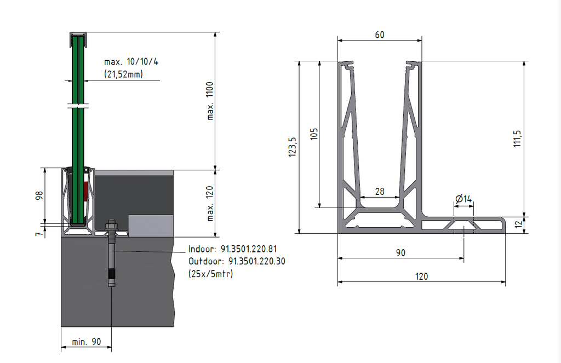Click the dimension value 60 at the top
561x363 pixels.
click(379, 34)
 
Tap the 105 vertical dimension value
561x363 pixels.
click(314, 134)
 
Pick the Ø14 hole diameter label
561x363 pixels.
click(463, 198)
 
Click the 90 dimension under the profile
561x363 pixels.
click(400, 252)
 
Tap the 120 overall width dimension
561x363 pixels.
click(421, 276)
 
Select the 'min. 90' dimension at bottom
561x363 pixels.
click(87, 342)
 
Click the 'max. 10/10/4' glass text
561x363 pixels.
click(131, 61)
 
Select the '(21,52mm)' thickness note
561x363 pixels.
click(123, 73)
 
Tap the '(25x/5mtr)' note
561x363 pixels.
click(210, 273)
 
